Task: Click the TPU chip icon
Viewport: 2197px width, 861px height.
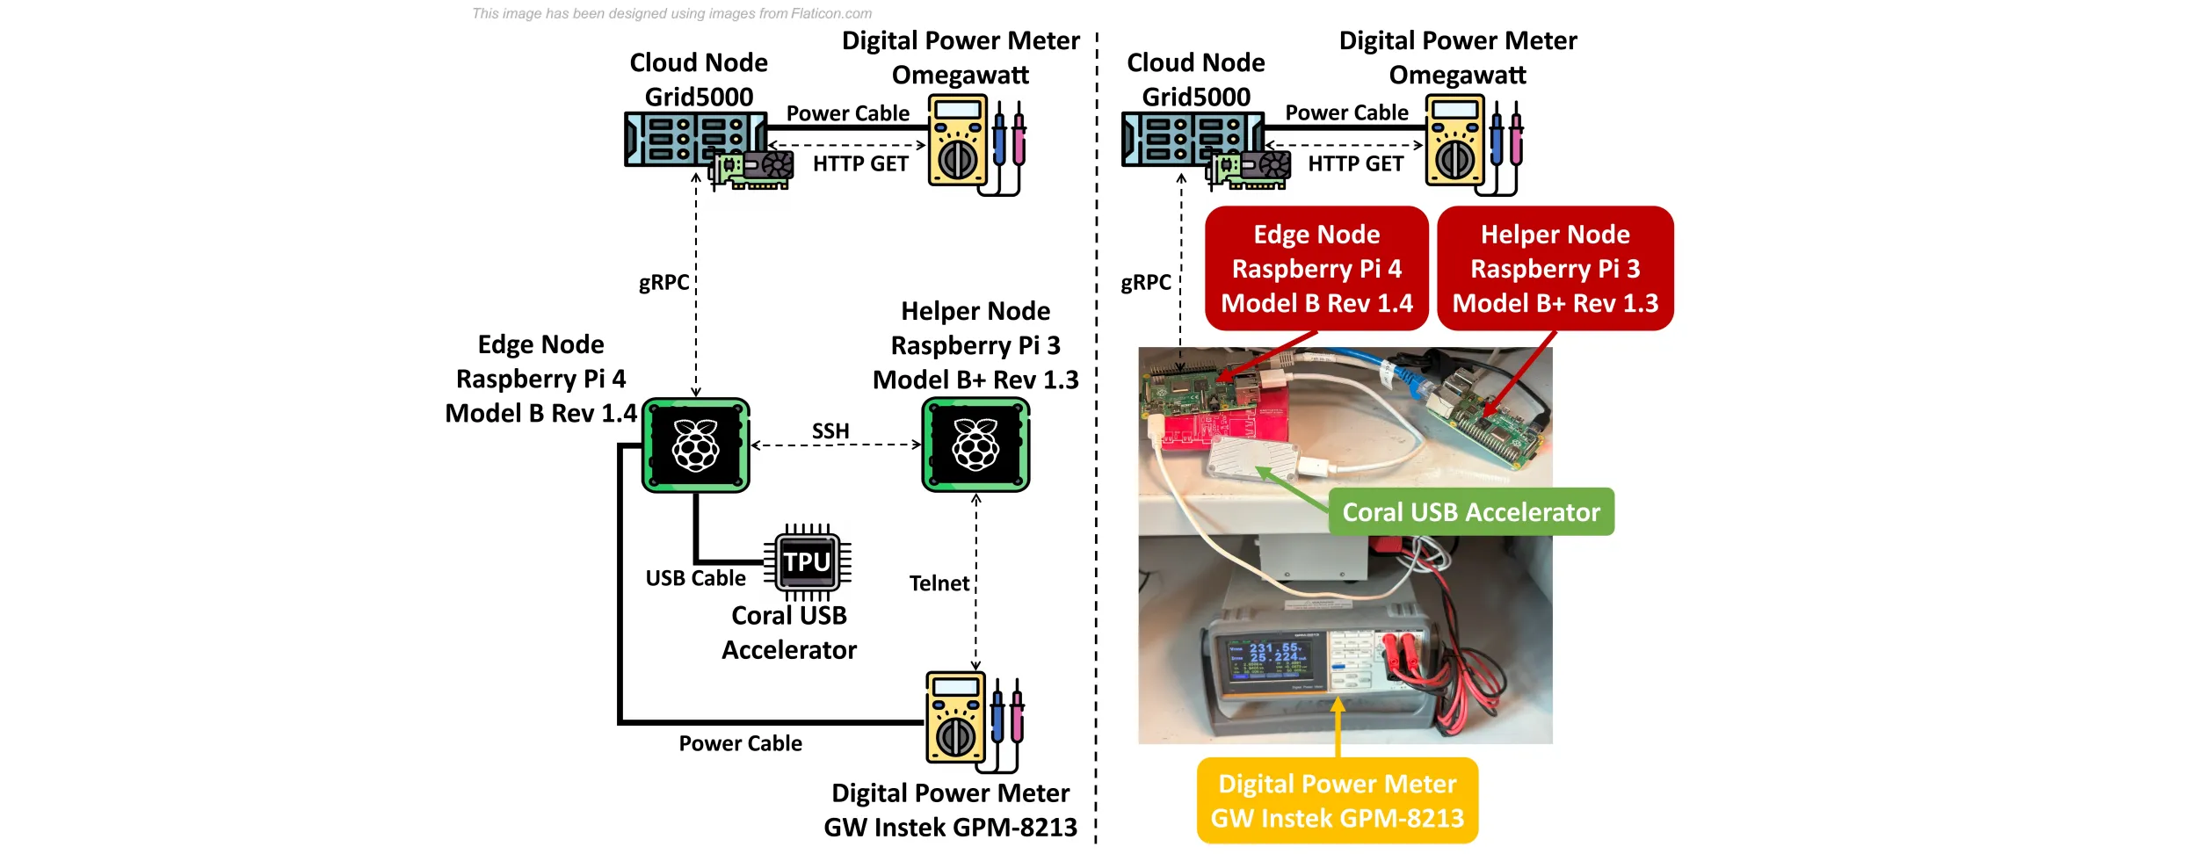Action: pos(807,561)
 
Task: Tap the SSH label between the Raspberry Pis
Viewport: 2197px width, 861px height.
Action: pos(830,431)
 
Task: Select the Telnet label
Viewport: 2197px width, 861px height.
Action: pos(939,583)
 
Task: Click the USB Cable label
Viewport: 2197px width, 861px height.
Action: pos(695,578)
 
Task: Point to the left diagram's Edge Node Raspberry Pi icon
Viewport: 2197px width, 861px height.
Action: pos(696,445)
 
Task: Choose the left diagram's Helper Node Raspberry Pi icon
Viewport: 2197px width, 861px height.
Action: pos(975,445)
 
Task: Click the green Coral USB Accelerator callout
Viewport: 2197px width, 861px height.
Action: pos(1471,512)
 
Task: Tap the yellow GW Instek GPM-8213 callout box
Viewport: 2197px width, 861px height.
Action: pos(1337,800)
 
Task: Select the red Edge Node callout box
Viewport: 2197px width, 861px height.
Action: pos(1316,269)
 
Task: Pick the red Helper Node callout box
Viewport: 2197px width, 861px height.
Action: pos(1555,269)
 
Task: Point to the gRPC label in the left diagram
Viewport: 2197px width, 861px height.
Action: pos(663,283)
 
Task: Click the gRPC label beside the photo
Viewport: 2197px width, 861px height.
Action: pos(1145,283)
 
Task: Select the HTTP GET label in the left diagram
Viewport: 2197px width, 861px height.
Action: pos(860,164)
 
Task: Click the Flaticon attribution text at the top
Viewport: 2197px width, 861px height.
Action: pos(671,13)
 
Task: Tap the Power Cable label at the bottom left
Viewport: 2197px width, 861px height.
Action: pos(740,743)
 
